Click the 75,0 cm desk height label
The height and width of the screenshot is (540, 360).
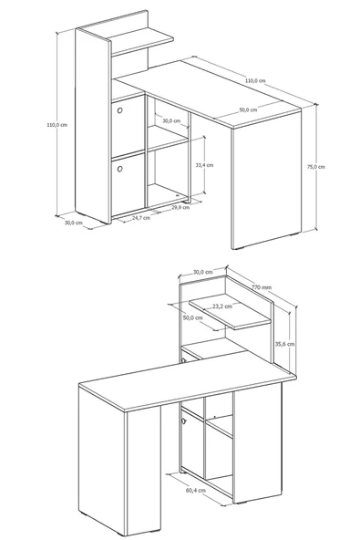click(x=315, y=167)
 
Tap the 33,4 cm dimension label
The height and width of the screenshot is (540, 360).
click(x=204, y=165)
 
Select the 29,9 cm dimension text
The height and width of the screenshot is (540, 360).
click(x=180, y=207)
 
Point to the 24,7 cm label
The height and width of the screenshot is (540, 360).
click(x=141, y=218)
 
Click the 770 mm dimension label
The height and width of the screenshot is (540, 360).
click(x=262, y=286)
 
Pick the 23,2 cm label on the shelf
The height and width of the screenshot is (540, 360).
click(x=222, y=306)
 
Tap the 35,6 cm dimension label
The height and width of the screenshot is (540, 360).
click(x=285, y=344)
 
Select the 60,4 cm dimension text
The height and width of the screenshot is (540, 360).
click(x=196, y=490)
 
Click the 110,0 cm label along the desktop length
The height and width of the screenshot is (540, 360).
click(x=255, y=80)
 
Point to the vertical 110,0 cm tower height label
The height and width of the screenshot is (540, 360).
click(x=57, y=125)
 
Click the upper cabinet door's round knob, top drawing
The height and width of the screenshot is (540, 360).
click(x=119, y=110)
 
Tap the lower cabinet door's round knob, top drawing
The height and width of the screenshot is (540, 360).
click(x=119, y=169)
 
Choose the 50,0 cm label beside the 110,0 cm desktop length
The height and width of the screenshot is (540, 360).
click(x=248, y=109)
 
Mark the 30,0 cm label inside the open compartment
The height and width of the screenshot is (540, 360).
click(x=171, y=121)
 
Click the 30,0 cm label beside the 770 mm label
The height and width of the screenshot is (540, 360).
click(x=202, y=272)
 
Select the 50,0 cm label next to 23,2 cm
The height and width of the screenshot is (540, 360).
click(x=192, y=317)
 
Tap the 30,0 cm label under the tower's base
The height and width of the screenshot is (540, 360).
click(x=74, y=223)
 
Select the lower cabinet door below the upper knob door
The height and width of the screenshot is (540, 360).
click(x=128, y=184)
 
